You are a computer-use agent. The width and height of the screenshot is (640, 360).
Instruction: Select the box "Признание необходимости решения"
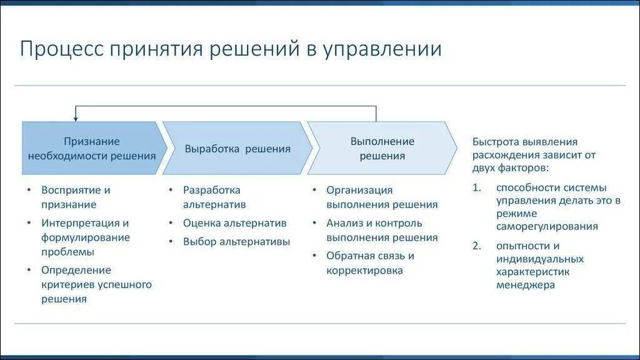(x=91, y=149)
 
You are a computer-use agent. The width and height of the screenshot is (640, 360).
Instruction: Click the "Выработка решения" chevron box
(x=237, y=149)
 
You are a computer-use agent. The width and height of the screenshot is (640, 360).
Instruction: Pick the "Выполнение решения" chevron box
(x=382, y=149)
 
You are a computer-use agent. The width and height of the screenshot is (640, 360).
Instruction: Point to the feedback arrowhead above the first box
(x=76, y=117)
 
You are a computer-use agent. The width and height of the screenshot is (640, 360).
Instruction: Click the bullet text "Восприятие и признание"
(x=76, y=197)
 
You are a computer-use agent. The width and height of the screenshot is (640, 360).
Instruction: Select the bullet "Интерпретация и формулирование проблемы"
(x=86, y=237)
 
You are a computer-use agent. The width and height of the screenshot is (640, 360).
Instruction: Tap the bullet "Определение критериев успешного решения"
(x=96, y=284)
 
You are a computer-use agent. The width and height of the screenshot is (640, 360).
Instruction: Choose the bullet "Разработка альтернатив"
(x=214, y=197)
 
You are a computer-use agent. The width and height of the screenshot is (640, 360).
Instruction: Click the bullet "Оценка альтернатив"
(x=234, y=223)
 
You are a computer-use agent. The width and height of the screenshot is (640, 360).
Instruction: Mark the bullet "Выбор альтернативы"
(x=236, y=242)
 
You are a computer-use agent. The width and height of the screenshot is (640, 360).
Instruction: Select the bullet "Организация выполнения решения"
(x=382, y=197)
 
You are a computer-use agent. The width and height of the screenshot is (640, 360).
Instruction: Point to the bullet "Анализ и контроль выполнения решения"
(x=382, y=230)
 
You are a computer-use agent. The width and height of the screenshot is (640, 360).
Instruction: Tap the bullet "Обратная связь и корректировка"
(x=370, y=263)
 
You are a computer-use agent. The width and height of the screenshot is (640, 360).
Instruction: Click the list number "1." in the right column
(x=477, y=187)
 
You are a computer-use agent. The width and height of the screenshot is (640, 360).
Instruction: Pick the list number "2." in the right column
(x=477, y=246)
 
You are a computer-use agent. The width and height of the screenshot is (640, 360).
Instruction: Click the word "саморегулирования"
(x=547, y=226)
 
